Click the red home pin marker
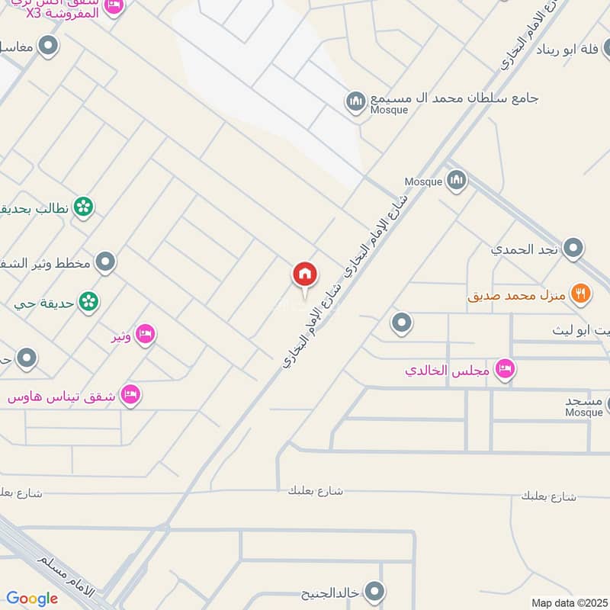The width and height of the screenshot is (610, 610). [x=305, y=275]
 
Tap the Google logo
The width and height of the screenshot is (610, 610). [x=32, y=599]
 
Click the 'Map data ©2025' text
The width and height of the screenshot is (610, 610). [x=567, y=602]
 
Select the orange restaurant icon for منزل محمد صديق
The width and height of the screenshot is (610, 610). [x=581, y=294]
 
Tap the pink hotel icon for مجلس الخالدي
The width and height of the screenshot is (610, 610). [x=504, y=371]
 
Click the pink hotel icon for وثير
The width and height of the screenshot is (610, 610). [x=145, y=334]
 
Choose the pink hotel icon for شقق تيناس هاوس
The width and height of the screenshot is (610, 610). [x=131, y=395]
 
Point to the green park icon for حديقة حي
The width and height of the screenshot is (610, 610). [x=89, y=302]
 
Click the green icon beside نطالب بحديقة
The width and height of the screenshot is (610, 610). [x=84, y=207]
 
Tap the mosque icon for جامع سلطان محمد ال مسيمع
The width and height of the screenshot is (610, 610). [x=355, y=101]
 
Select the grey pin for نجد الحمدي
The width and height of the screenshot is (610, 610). [x=573, y=248]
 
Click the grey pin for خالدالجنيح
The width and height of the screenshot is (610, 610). [x=374, y=591]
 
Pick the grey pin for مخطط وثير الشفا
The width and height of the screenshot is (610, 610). [x=107, y=262]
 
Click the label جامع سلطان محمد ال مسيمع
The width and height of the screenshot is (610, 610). [x=454, y=98]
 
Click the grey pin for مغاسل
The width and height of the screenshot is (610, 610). [x=49, y=47]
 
